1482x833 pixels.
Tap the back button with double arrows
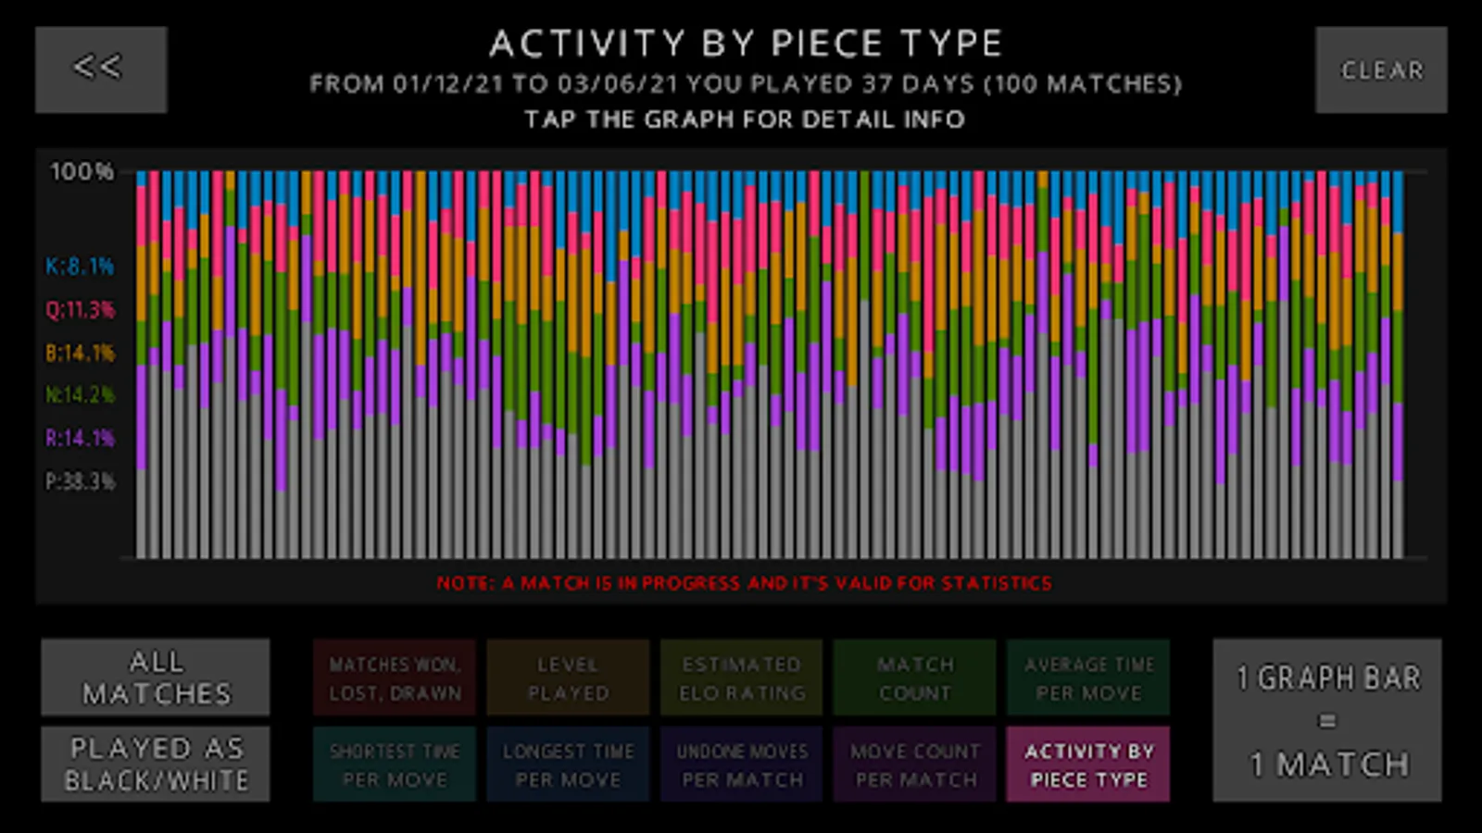tap(101, 69)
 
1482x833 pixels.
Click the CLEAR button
tap(1381, 69)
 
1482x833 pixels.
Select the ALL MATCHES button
tap(156, 678)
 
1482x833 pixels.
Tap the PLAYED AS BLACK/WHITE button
tap(156, 764)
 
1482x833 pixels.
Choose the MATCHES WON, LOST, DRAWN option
tap(395, 678)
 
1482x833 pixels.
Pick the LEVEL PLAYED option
tap(568, 678)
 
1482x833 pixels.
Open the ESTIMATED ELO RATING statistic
tap(741, 678)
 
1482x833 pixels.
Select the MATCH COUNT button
tap(914, 678)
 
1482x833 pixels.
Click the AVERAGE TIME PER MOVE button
tap(1088, 678)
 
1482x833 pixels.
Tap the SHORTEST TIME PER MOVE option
tap(395, 765)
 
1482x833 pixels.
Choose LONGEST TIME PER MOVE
tap(568, 765)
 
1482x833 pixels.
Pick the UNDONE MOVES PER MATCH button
tap(741, 765)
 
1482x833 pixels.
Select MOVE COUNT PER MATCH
tap(914, 765)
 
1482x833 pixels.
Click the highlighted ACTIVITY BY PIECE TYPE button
tap(1088, 765)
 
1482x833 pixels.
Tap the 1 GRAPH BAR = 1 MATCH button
tap(1327, 720)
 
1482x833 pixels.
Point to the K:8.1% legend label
tap(80, 267)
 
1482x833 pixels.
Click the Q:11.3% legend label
tap(80, 309)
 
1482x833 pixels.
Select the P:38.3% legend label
tap(80, 481)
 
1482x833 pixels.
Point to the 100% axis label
tap(82, 171)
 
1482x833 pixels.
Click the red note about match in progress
tap(744, 583)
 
